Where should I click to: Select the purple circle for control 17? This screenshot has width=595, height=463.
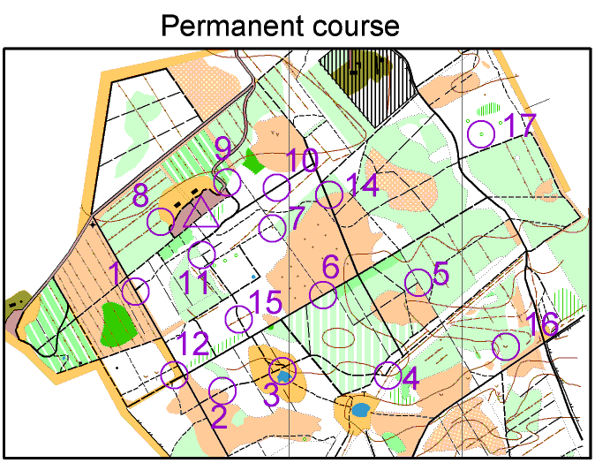480,133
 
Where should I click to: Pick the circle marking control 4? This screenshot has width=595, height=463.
387,376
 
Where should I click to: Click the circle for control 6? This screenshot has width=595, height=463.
324,295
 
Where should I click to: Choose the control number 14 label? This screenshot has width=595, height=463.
363,185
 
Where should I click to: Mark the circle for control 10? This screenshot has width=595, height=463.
277,187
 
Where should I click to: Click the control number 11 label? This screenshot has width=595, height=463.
194,285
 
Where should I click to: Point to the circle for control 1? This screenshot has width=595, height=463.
136,291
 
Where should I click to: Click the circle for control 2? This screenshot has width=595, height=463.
223,390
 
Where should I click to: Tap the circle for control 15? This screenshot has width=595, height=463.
239,318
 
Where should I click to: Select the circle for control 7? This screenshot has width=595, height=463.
273,227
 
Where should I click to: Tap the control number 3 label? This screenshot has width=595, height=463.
272,395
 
